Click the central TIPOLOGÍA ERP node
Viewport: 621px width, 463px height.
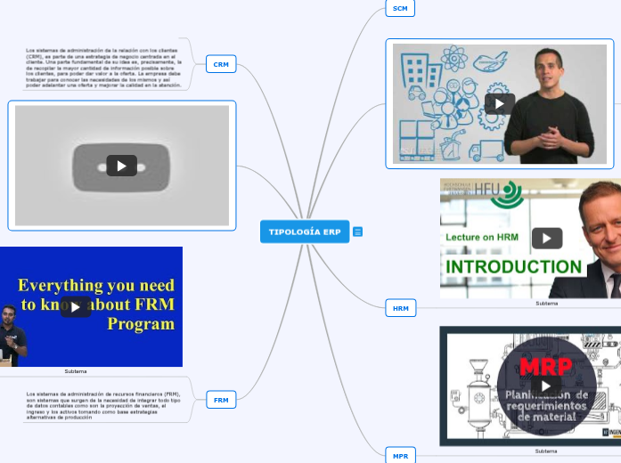(305, 231)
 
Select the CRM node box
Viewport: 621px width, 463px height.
(220, 64)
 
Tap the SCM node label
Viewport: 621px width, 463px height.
(400, 8)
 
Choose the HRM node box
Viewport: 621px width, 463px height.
(401, 309)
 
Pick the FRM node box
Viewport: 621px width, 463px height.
(220, 400)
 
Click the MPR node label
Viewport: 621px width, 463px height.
(400, 456)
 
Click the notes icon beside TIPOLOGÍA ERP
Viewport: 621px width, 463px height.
(358, 231)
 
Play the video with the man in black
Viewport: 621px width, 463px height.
(499, 103)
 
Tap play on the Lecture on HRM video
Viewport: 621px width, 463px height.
(546, 238)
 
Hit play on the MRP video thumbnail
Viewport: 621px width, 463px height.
(546, 385)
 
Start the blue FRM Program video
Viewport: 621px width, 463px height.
(75, 307)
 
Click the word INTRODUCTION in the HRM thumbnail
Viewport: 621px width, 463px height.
(514, 267)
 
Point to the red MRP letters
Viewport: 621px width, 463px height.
(545, 367)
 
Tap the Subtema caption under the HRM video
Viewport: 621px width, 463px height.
(546, 304)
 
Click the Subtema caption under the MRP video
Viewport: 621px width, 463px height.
(546, 451)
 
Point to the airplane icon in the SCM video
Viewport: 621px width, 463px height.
(491, 61)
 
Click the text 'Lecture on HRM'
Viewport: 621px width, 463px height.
(482, 237)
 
